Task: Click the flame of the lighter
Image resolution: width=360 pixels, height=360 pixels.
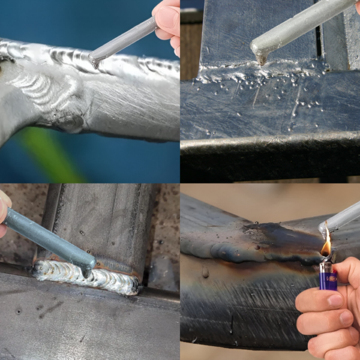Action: tap(326, 246)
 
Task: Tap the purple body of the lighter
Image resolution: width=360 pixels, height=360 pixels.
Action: tap(328, 279)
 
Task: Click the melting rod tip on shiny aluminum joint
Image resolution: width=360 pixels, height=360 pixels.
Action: tap(94, 59)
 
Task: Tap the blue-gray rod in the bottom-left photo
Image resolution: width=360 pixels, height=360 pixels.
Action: tap(48, 237)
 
